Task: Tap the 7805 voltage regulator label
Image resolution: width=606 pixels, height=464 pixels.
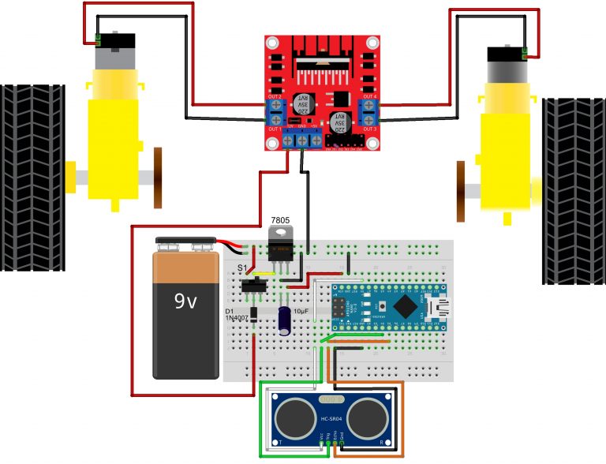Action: coord(280,219)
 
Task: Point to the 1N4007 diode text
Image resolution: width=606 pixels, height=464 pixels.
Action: coord(238,320)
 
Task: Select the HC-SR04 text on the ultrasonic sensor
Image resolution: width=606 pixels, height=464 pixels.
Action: coord(331,419)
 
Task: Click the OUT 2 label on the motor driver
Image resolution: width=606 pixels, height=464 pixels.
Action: coord(275,96)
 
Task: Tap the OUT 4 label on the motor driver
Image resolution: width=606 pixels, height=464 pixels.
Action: coord(369,96)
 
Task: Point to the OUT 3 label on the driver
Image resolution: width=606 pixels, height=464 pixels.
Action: coord(369,128)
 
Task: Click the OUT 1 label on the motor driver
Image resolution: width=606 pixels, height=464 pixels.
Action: coord(275,128)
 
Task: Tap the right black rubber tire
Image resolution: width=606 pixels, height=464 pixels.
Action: coord(574,191)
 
